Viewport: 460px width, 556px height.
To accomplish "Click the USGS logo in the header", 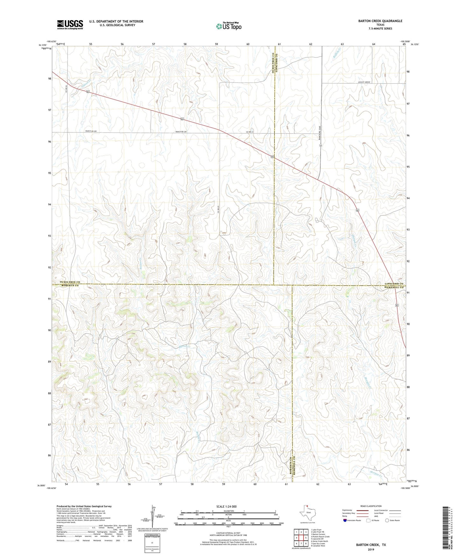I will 70,25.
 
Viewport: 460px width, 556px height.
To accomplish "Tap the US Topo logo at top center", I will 228,26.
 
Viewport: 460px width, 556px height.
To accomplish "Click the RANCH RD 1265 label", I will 319,133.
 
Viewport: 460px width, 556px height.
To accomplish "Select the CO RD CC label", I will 250,132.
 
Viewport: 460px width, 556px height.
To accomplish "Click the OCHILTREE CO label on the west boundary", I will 70,282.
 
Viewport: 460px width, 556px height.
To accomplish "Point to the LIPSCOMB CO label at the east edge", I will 393,284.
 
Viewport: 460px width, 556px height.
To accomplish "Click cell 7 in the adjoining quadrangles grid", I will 301,544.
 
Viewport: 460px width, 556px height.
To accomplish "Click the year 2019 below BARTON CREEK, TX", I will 371,550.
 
